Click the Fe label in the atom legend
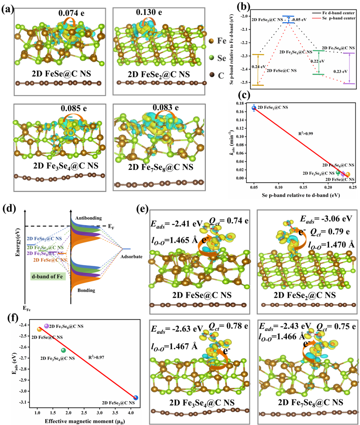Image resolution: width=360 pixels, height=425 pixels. pos(222,41)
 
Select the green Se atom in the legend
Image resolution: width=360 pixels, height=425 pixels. pos(212,57)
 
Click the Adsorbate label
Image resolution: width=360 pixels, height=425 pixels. pos(132,257)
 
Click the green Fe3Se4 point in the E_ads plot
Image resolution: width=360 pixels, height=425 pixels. pos(63,350)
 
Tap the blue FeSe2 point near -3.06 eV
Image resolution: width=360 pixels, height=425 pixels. pos(136,398)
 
